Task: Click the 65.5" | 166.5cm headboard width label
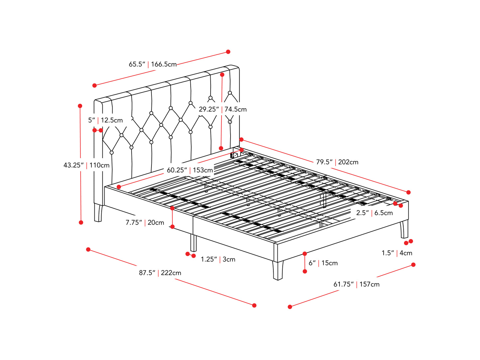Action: pyautogui.click(x=153, y=64)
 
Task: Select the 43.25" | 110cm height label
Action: pyautogui.click(x=86, y=165)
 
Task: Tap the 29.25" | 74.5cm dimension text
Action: pyautogui.click(x=223, y=109)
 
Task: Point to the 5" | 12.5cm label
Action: pyautogui.click(x=105, y=120)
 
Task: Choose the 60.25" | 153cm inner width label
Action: pyautogui.click(x=190, y=170)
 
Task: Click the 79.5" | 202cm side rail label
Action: pyautogui.click(x=337, y=162)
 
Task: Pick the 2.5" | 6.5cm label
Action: pyautogui.click(x=374, y=213)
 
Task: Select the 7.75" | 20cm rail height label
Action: pyautogui.click(x=145, y=223)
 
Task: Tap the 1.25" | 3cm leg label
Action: pyautogui.click(x=218, y=259)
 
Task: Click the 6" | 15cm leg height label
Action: pyautogui.click(x=323, y=263)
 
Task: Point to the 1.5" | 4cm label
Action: pyautogui.click(x=397, y=253)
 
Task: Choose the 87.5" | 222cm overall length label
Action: pyautogui.click(x=160, y=273)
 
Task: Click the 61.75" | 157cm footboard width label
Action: pyautogui.click(x=356, y=284)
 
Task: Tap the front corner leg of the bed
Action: pyautogui.click(x=278, y=270)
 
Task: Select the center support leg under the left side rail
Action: pyautogui.click(x=193, y=243)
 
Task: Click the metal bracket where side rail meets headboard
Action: pyautogui.click(x=234, y=155)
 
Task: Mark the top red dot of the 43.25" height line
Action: pyautogui.click(x=80, y=106)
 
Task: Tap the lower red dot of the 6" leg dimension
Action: pyautogui.click(x=305, y=271)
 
